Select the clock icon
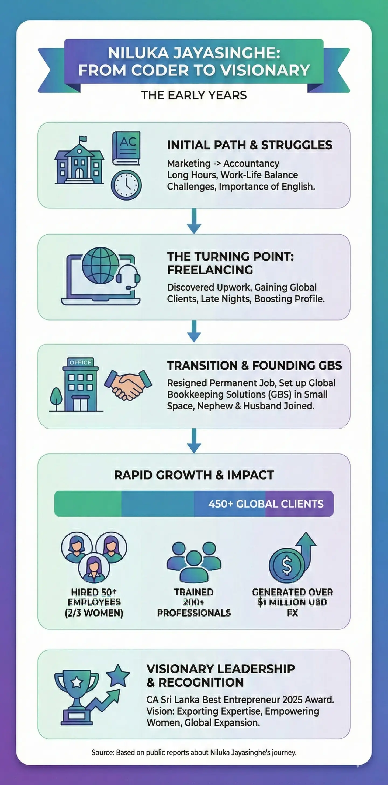point(126,185)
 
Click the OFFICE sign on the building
point(80,362)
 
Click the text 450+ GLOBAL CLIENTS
point(266,504)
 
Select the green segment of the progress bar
point(88,504)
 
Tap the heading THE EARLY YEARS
point(194,95)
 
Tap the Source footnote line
point(194,753)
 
